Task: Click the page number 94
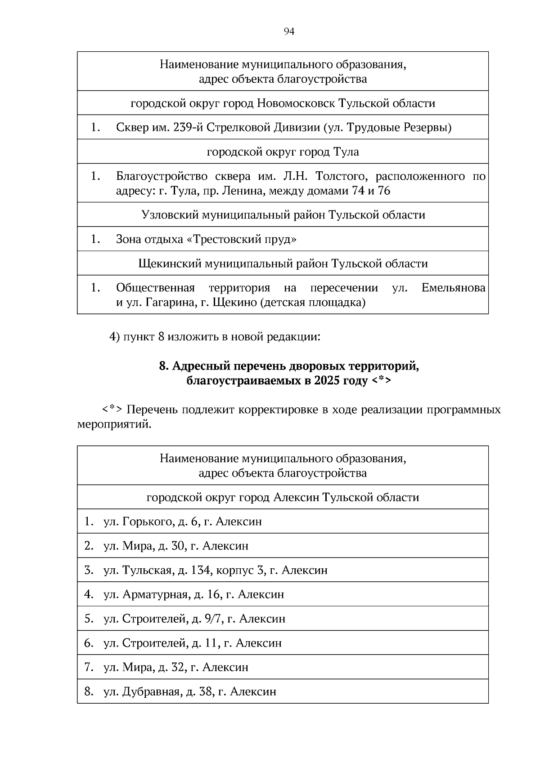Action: [289, 31]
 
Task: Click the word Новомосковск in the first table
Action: [296, 103]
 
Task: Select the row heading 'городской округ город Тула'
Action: [283, 152]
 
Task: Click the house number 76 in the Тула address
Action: [384, 191]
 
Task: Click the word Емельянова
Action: [453, 288]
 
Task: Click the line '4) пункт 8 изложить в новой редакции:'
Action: [215, 337]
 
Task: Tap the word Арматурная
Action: [155, 594]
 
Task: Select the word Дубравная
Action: [151, 692]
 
